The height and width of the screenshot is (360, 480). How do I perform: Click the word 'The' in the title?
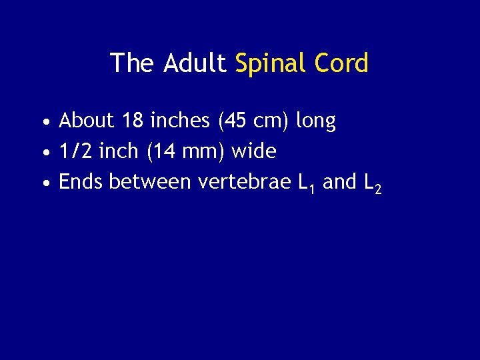click(133, 63)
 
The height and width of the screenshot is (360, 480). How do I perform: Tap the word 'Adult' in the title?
click(195, 63)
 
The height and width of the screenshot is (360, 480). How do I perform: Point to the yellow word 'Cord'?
click(344, 63)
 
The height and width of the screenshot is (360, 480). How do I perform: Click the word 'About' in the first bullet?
click(87, 121)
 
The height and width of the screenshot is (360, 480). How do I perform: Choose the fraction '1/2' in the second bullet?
click(75, 151)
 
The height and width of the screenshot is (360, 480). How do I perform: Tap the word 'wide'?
click(253, 151)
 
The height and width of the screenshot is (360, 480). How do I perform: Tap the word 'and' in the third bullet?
click(339, 181)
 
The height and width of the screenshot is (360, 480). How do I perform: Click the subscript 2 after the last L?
click(378, 190)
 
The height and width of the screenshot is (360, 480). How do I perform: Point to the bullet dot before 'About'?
click(43, 123)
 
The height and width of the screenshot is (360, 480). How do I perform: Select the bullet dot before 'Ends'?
click(43, 183)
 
